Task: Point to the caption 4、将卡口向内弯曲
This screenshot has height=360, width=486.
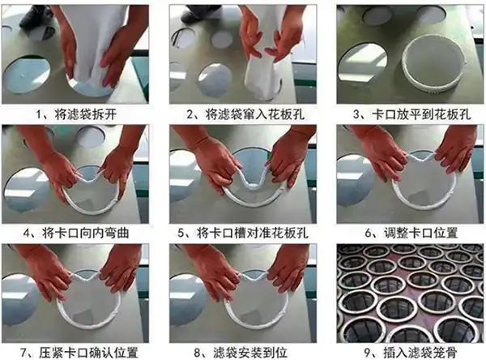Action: point(79,232)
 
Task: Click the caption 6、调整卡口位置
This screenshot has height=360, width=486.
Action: point(407,232)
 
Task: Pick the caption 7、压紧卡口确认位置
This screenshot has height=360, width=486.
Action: point(79,351)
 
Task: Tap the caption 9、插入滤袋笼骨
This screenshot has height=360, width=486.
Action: point(407,351)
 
